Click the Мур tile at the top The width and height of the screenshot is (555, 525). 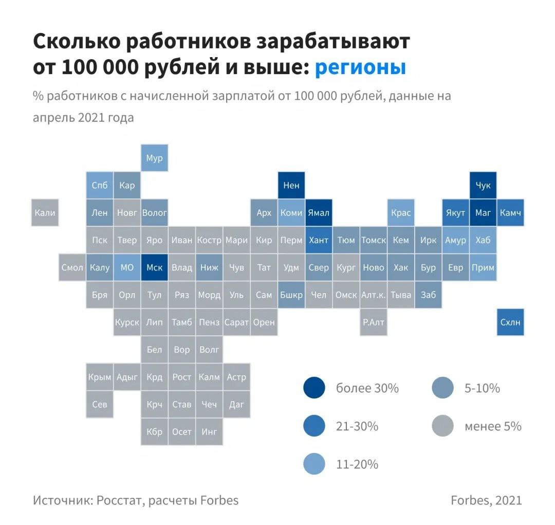coord(154,158)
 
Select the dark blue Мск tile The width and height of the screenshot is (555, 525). coord(154,267)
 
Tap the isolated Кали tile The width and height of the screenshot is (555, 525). coord(45,212)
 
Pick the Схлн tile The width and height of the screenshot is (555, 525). coord(510,322)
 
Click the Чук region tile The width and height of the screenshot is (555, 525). coord(483,185)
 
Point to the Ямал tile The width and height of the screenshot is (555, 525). coord(319,212)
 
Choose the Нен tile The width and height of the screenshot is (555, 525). coord(291,185)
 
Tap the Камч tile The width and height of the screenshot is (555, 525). coord(510,212)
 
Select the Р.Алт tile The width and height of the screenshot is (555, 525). coord(374,322)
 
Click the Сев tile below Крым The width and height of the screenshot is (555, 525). coord(100,404)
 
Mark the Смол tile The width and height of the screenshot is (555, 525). coord(72,267)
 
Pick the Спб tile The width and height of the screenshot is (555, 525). coord(100,185)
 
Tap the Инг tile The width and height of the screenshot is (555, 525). coord(209,431)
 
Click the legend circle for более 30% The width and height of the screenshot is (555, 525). coord(314,388)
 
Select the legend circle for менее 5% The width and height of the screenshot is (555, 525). coord(442,426)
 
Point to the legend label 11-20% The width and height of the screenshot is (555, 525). coord(357,464)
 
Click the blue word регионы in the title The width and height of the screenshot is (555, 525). coord(360,67)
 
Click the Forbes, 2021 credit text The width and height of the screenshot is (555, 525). coord(486,500)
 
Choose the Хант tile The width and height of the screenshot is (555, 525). coord(319,240)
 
